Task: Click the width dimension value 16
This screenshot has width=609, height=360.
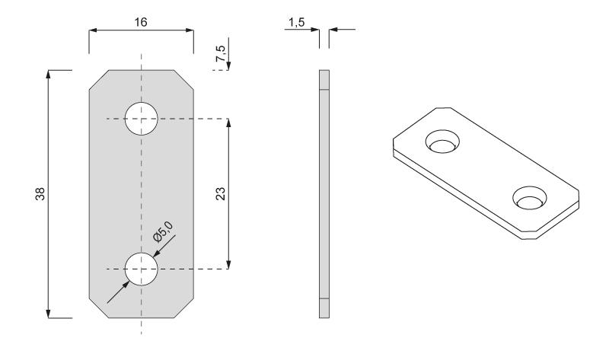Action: tap(141, 22)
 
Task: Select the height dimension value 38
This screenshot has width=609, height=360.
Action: tap(40, 194)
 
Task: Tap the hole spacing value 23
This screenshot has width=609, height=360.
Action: tap(220, 193)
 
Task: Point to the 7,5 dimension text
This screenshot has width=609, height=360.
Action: tap(220, 53)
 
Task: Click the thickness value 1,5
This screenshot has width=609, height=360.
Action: tap(296, 23)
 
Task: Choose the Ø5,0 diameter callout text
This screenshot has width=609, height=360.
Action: tap(163, 231)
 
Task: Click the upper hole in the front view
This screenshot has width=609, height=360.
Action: tap(142, 119)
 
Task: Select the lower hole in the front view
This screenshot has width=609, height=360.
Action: tap(142, 269)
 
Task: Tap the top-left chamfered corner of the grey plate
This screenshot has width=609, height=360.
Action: tap(99, 80)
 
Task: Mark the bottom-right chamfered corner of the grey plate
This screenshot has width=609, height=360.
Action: tap(183, 308)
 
